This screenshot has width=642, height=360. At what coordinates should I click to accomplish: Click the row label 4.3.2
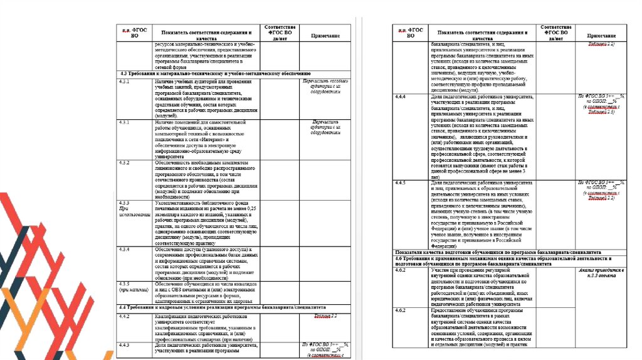click(x=124, y=163)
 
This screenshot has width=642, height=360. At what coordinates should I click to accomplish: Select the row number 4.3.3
click(x=124, y=203)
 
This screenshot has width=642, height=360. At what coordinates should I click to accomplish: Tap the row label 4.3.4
click(x=124, y=249)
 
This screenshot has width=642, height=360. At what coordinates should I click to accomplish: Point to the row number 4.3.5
click(x=124, y=284)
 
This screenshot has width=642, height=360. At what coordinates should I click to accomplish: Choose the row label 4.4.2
click(x=124, y=317)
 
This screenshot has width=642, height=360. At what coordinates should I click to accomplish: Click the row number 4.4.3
click(x=124, y=345)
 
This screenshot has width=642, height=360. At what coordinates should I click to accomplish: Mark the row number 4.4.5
click(x=401, y=183)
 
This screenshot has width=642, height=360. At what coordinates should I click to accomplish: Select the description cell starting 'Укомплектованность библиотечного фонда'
click(x=206, y=222)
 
